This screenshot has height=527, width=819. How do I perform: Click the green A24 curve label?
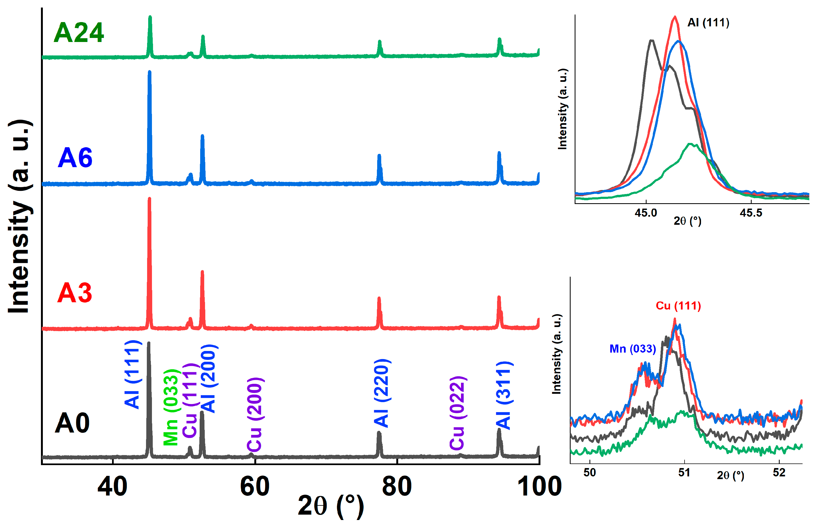79,33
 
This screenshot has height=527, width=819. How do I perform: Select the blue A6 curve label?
75,158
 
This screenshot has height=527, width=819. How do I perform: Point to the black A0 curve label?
72,423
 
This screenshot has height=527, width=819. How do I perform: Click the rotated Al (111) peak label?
133,374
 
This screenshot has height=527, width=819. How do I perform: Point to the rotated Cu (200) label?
255,414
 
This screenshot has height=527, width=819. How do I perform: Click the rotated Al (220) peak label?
382,393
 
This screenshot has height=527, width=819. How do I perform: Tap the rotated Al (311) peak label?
504,395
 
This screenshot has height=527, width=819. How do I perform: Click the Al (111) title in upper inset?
708,23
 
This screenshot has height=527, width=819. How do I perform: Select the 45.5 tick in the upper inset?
751,213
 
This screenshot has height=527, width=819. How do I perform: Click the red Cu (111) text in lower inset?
678,305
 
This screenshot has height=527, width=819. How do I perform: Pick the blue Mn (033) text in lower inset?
632,349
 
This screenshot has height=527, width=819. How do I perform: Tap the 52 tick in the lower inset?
779,473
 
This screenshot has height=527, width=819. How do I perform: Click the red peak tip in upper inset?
674,17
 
